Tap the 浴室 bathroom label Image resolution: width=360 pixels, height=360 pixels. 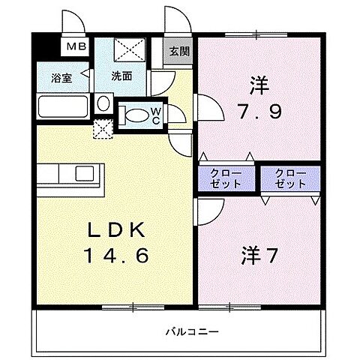pos(61,78)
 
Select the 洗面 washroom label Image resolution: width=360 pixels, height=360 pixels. pos(122,76)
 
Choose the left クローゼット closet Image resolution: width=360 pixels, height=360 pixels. pos(226,178)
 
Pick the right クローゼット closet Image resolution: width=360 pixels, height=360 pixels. pos(289,178)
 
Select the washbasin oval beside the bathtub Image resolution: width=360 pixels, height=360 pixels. pos(103,102)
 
